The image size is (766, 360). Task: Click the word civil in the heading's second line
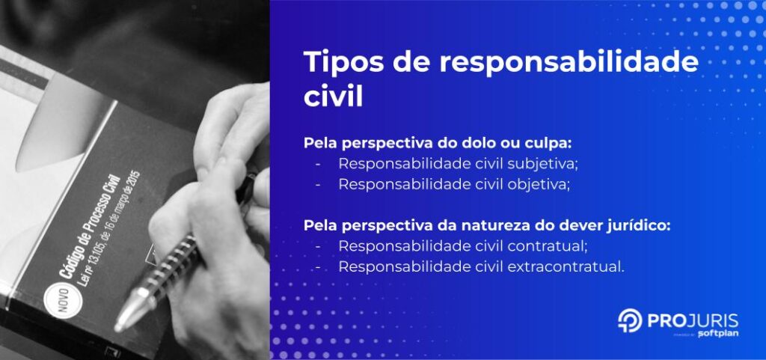334,98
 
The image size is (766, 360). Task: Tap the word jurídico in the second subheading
635,225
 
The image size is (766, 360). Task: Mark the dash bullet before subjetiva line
319,163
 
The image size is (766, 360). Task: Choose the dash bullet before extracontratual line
319,266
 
